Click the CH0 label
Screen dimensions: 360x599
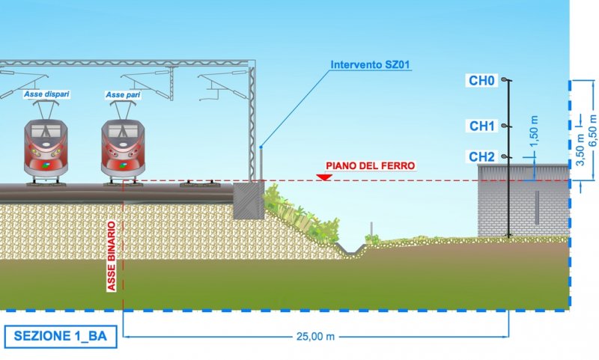pyautogui.click(x=482, y=80)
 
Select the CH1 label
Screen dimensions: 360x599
pyautogui.click(x=482, y=126)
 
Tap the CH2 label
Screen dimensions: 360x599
pyautogui.click(x=482, y=156)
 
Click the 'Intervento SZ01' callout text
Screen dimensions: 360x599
pyautogui.click(x=371, y=67)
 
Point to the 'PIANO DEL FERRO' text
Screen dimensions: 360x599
pyautogui.click(x=370, y=165)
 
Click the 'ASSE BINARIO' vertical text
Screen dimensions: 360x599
pyautogui.click(x=111, y=255)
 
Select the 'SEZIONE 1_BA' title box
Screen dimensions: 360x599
pyautogui.click(x=61, y=336)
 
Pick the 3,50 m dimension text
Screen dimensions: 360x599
pyautogui.click(x=580, y=150)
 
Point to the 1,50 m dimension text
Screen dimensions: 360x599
pyautogui.click(x=534, y=129)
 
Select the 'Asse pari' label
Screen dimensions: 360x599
pyautogui.click(x=124, y=95)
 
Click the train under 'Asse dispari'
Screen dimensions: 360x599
pyautogui.click(x=46, y=150)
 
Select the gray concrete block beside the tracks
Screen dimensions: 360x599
pyautogui.click(x=248, y=201)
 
